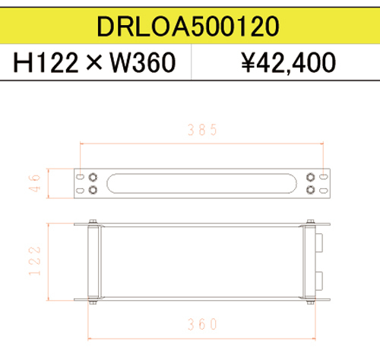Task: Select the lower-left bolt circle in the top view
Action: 93,190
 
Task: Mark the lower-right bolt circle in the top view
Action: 310,190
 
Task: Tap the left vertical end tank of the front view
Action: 93,262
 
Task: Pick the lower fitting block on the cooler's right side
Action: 319,279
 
